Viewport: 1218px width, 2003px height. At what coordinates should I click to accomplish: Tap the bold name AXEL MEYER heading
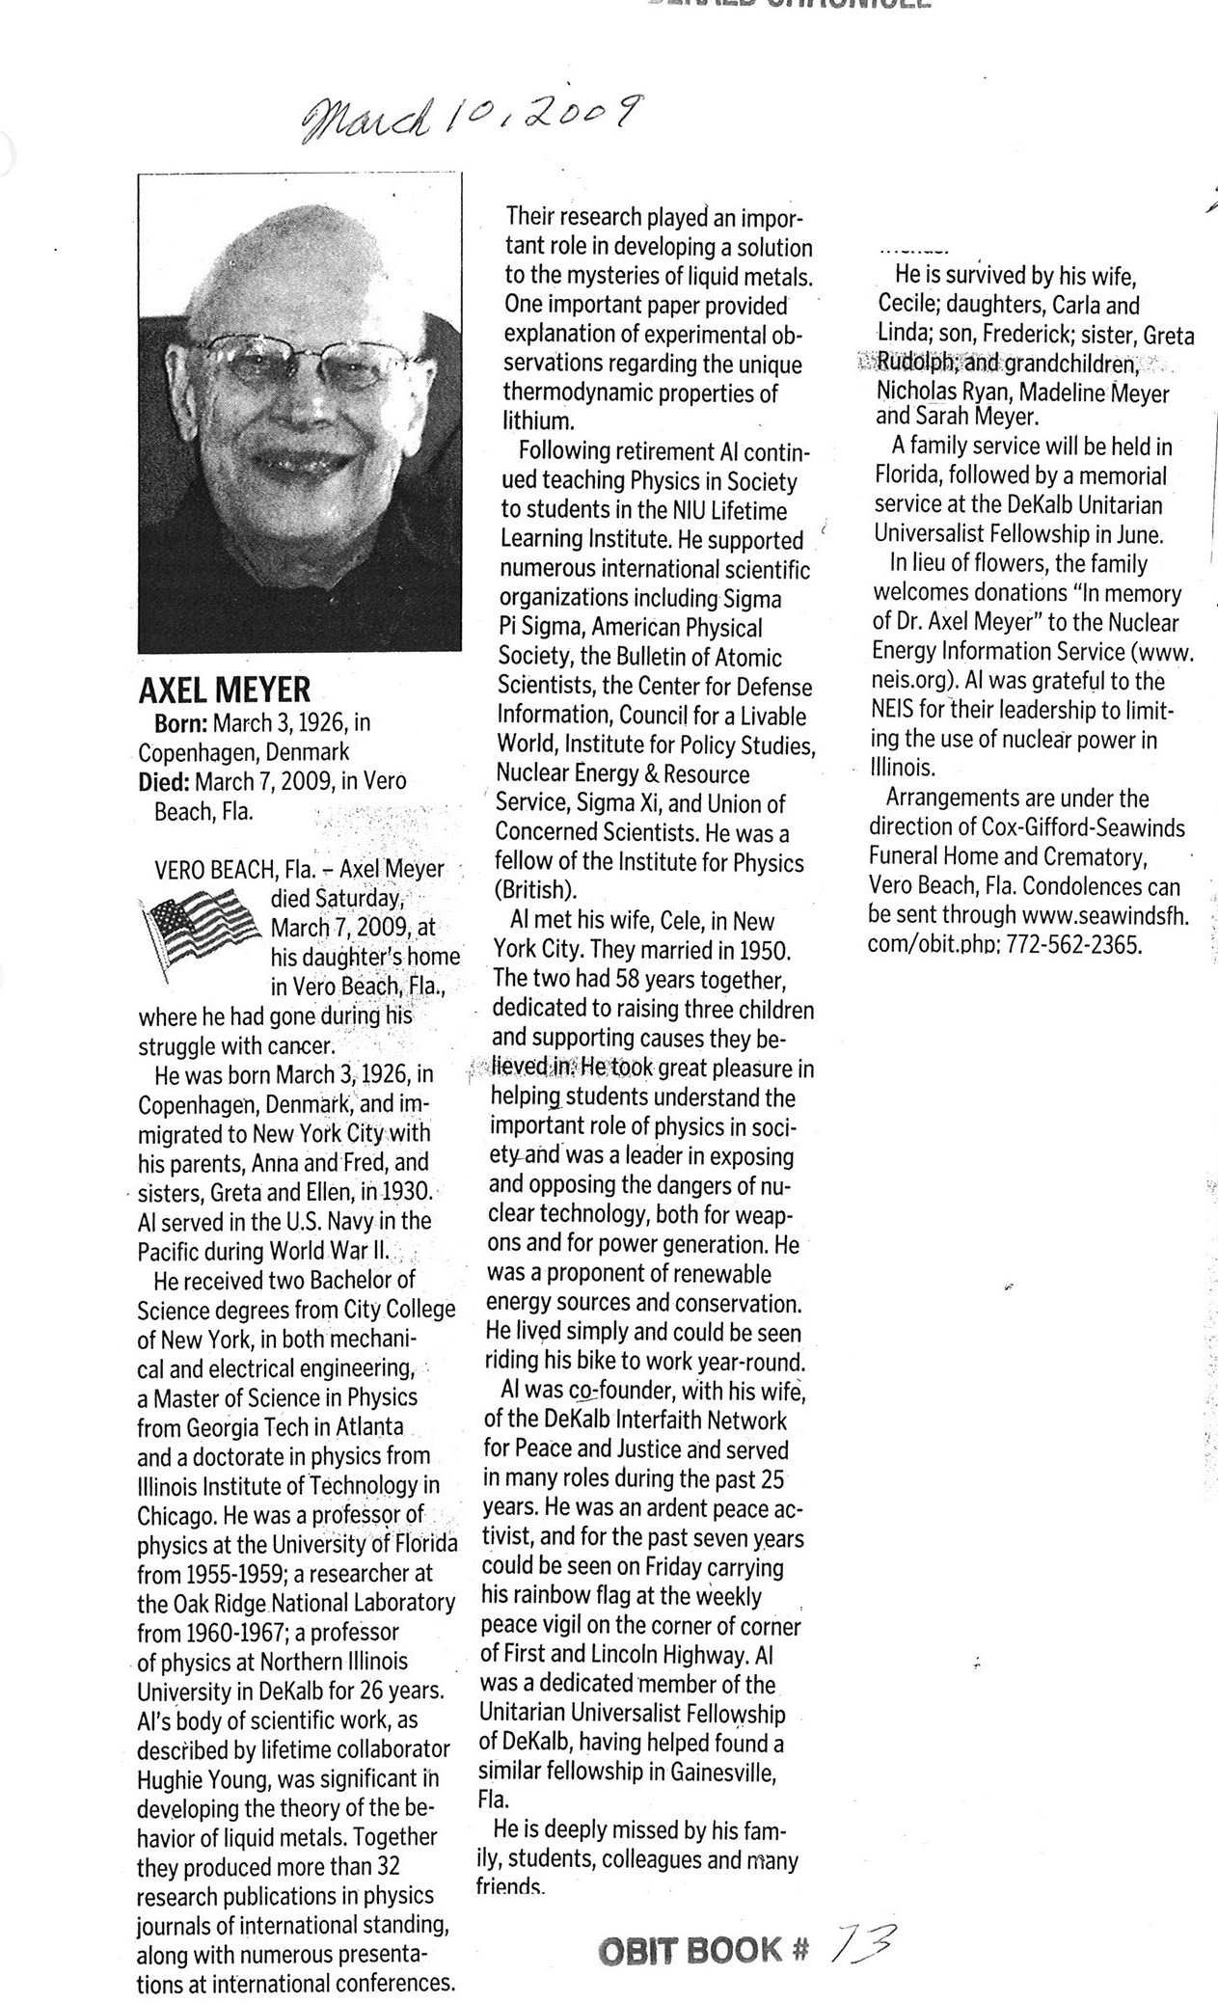click(x=225, y=690)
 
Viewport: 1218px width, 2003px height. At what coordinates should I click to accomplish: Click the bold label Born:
click(x=180, y=722)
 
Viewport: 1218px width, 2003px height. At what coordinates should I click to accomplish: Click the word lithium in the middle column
click(x=537, y=421)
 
